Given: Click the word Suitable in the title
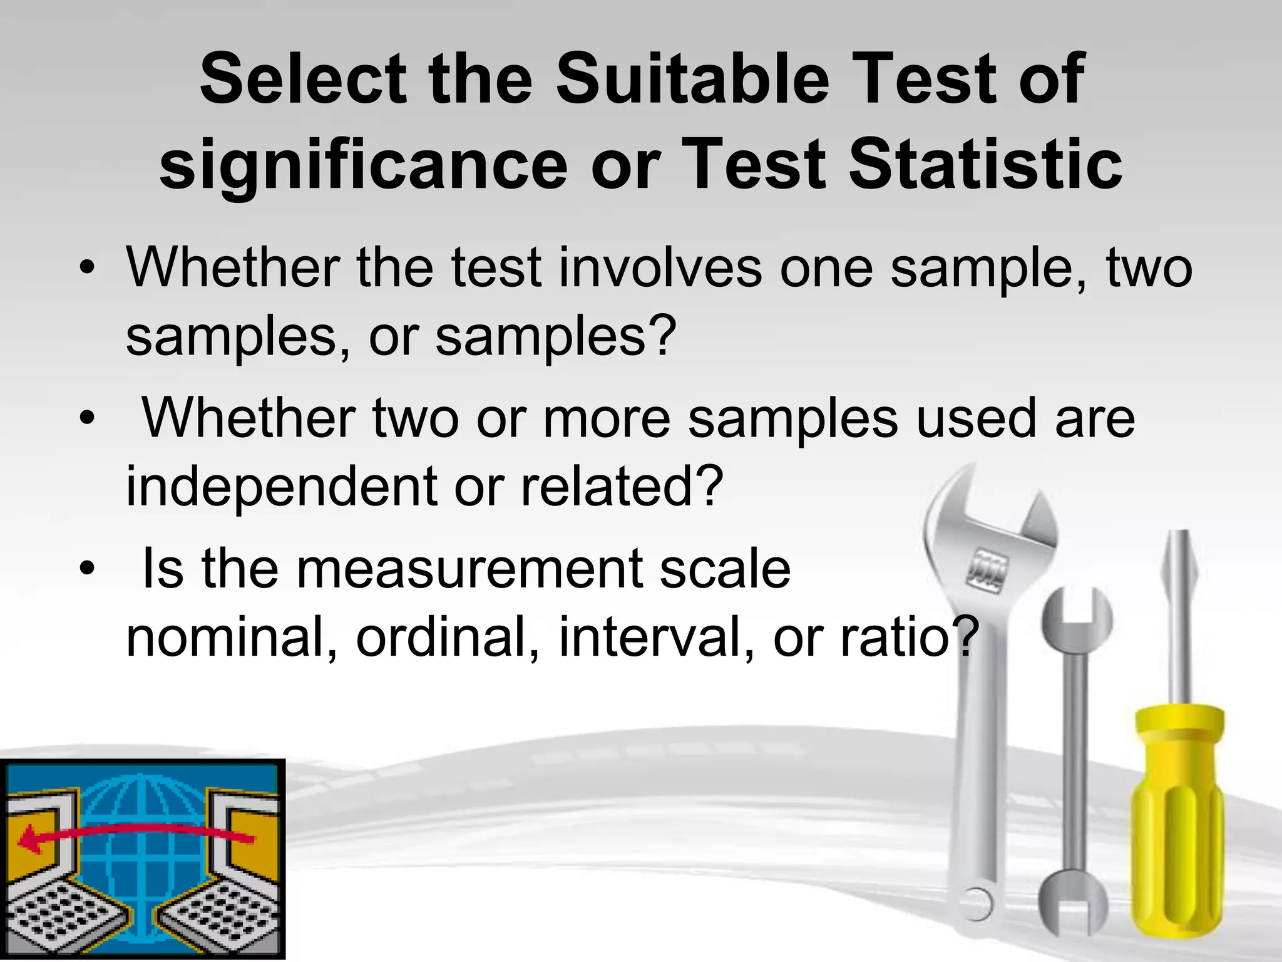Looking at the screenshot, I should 692,80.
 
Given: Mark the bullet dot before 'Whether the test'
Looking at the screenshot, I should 88,269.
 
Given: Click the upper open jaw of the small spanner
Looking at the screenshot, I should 1076,611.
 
